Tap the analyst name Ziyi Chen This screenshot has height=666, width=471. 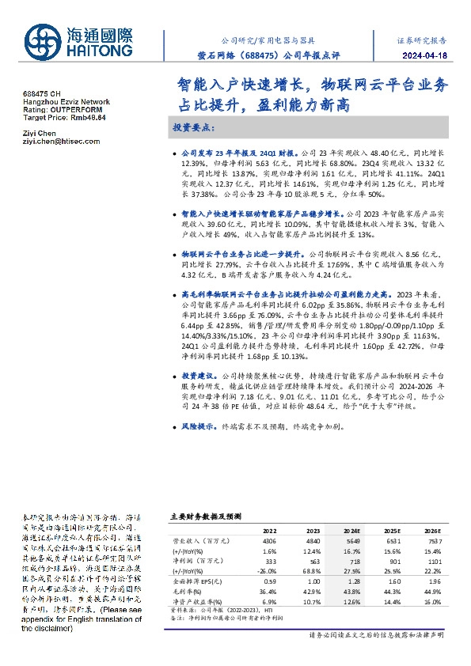38,134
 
